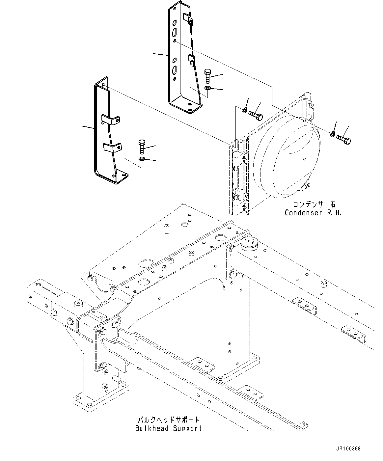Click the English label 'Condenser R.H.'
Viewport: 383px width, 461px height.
pyautogui.click(x=313, y=213)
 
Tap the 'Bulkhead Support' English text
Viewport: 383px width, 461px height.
pyautogui.click(x=168, y=428)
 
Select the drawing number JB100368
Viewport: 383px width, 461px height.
pyautogui.click(x=348, y=448)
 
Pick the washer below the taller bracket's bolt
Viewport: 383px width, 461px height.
pyautogui.click(x=207, y=88)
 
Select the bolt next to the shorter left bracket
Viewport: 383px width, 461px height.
pyautogui.click(x=141, y=146)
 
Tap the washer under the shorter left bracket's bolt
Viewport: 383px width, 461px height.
pyautogui.click(x=142, y=159)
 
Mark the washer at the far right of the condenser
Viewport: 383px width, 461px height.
pyautogui.click(x=333, y=134)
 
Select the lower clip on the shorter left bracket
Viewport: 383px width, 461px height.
pyautogui.click(x=112, y=147)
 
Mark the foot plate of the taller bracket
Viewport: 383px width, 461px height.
pyautogui.click(x=186, y=107)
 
